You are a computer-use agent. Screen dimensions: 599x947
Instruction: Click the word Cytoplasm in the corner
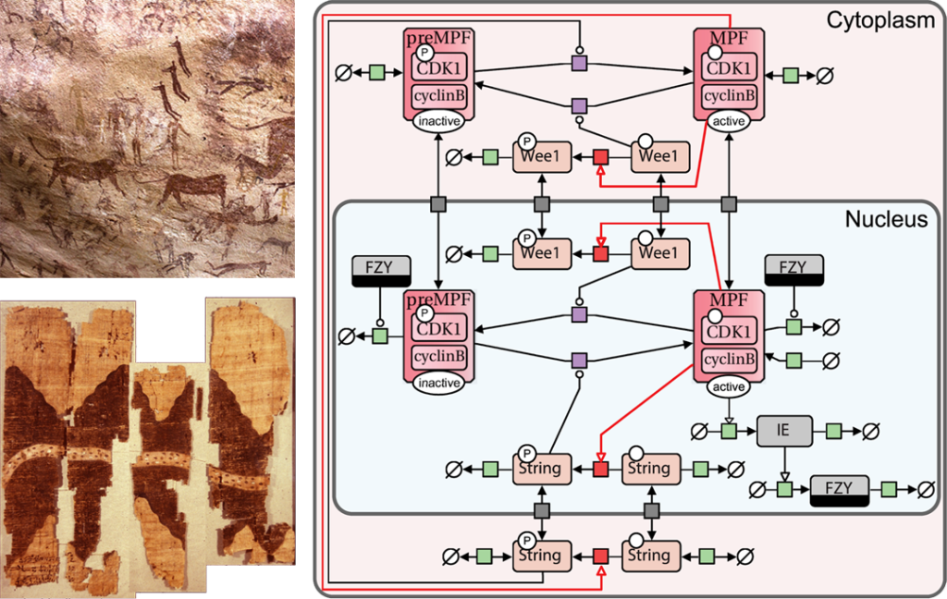[879, 19]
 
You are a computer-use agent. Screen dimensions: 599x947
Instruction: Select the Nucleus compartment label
[887, 219]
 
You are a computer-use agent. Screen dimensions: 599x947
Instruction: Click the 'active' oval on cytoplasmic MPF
[731, 121]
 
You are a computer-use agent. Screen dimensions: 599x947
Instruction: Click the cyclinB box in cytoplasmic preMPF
[439, 95]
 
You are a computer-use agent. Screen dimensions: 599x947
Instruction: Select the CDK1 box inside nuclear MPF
[731, 331]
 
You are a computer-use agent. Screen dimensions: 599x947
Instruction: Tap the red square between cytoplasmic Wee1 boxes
[600, 157]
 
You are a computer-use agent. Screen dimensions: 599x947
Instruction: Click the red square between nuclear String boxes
[600, 469]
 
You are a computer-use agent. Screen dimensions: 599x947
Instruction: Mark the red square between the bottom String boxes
[600, 556]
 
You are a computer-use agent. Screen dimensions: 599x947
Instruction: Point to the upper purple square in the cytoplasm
[579, 63]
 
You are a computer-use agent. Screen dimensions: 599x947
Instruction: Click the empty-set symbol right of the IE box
[869, 430]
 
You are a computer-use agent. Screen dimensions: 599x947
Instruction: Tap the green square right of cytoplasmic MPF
[791, 75]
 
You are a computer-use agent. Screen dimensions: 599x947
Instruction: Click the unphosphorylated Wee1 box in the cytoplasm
[660, 156]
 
